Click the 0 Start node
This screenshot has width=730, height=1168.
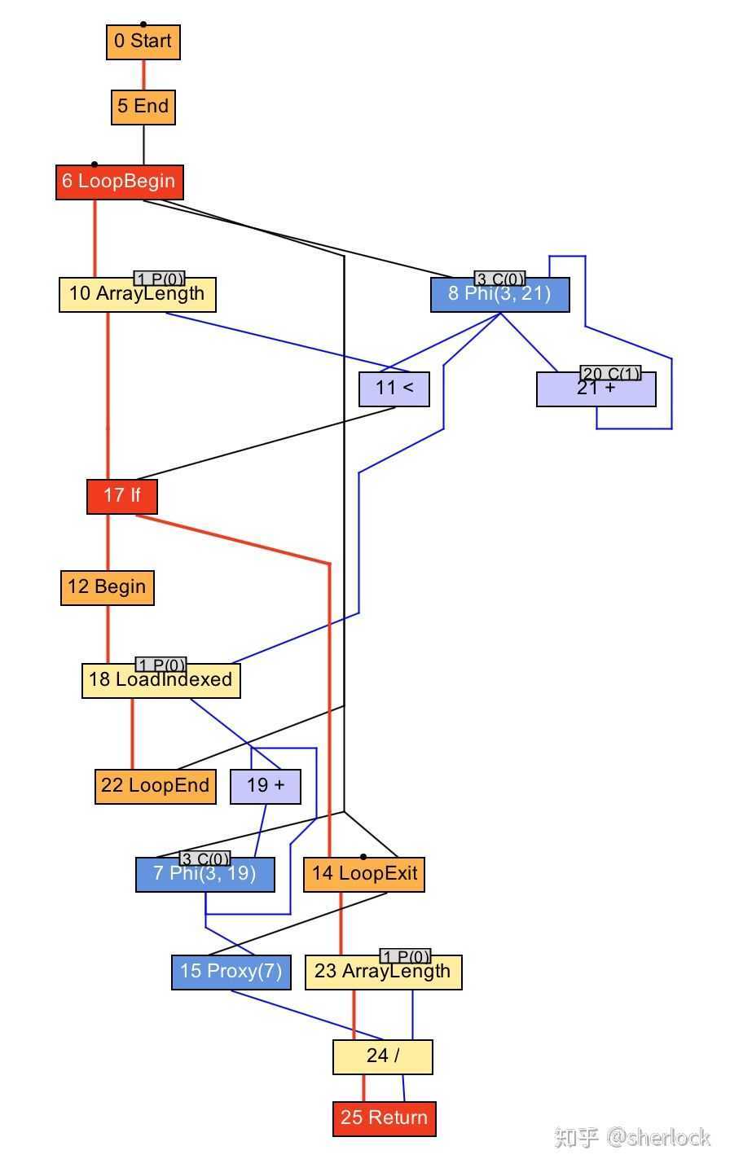click(x=143, y=42)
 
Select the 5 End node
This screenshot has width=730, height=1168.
click(x=143, y=107)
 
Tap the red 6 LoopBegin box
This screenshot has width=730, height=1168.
click(x=119, y=182)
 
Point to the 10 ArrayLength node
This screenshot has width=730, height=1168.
click(x=137, y=295)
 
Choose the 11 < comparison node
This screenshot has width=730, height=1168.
click(x=394, y=389)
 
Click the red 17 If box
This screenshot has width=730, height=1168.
click(x=121, y=496)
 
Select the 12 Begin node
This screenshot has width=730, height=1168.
click(x=107, y=587)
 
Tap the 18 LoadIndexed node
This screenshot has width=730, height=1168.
click(x=161, y=681)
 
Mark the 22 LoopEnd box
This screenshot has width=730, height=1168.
click(x=155, y=786)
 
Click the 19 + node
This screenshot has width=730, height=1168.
click(x=266, y=786)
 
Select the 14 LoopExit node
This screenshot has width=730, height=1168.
click(x=363, y=875)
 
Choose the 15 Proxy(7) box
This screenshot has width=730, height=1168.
click(x=231, y=972)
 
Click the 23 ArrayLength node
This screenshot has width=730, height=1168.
click(x=383, y=973)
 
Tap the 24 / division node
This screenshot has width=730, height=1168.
click(x=382, y=1056)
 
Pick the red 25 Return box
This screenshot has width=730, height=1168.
click(x=384, y=1118)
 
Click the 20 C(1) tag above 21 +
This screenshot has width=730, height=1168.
click(x=610, y=373)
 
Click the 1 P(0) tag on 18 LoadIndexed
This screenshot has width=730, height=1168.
click(x=161, y=665)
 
